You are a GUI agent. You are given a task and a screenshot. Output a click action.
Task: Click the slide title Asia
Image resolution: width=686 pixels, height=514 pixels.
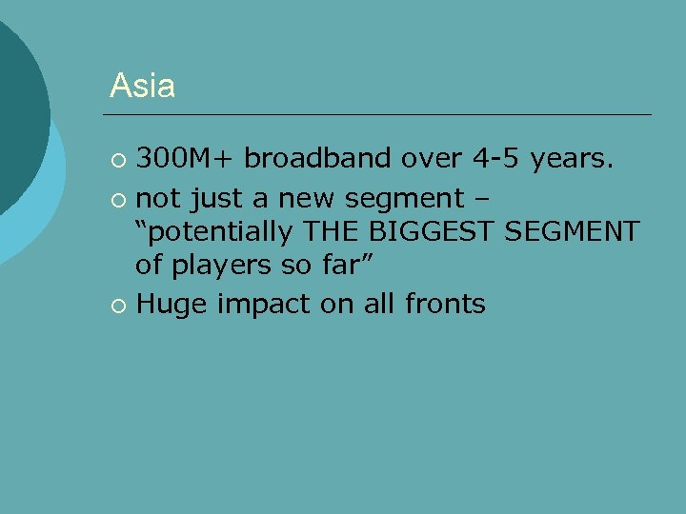point(142,86)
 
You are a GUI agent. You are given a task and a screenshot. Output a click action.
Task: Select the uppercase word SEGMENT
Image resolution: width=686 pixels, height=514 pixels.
point(580,230)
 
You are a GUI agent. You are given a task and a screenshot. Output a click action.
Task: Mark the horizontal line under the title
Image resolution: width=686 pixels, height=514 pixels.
point(381,115)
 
